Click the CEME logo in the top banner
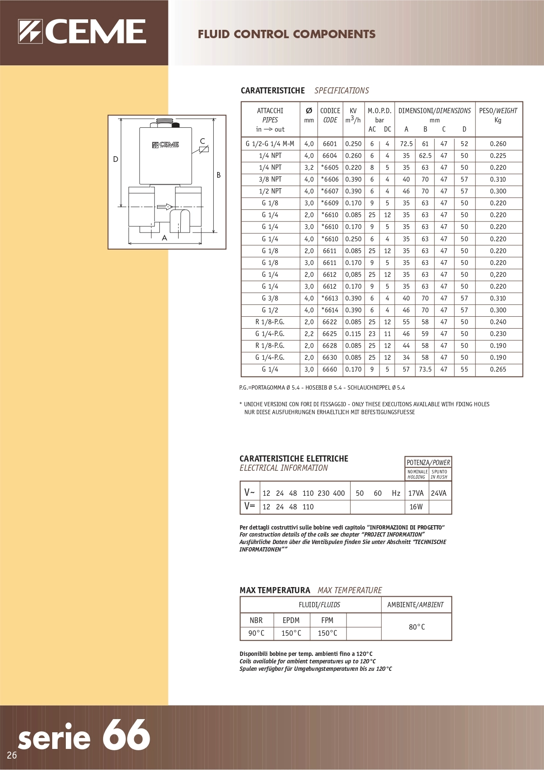(x=82, y=32)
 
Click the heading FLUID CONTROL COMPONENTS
(x=286, y=34)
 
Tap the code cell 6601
(x=329, y=144)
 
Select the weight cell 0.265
(x=498, y=369)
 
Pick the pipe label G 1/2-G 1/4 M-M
(x=270, y=144)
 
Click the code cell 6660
(x=329, y=369)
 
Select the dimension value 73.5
(x=425, y=369)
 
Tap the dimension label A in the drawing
(x=165, y=238)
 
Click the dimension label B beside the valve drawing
(x=218, y=175)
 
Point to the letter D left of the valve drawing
(x=116, y=159)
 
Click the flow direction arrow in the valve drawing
(x=165, y=207)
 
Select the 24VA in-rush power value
(x=439, y=493)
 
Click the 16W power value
(x=416, y=507)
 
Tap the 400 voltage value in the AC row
(x=339, y=493)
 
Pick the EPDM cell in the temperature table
(x=291, y=620)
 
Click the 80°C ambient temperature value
(x=417, y=627)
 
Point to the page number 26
(x=12, y=755)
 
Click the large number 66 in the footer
(x=126, y=735)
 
